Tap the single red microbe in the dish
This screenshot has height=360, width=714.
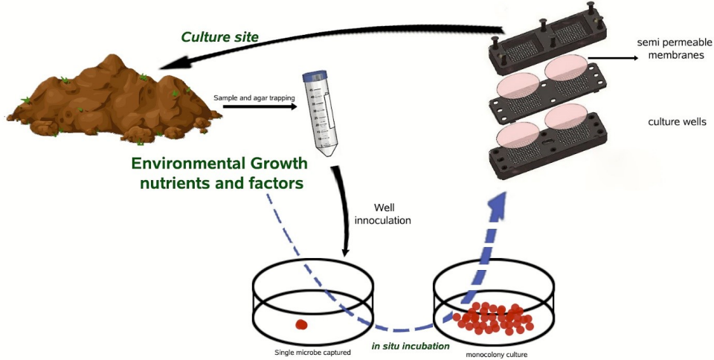click(x=302, y=324)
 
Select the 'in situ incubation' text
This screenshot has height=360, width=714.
click(x=411, y=346)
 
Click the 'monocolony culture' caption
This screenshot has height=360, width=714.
click(x=495, y=354)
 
